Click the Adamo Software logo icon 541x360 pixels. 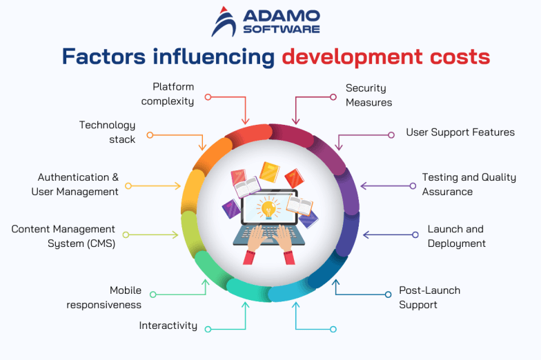click(x=224, y=21)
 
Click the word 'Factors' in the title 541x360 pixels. click(x=101, y=56)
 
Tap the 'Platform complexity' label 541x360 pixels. click(x=168, y=94)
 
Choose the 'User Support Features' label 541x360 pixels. click(x=460, y=132)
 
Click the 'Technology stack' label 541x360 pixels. click(x=108, y=132)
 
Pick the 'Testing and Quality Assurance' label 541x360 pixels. click(x=469, y=184)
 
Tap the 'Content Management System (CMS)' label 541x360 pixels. click(x=63, y=236)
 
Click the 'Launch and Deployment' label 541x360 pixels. click(x=456, y=236)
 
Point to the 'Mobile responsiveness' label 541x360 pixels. click(x=104, y=297)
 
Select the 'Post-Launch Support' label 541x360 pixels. click(x=429, y=297)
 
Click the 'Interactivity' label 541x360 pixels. click(x=168, y=326)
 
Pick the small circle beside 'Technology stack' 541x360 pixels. click(x=150, y=134)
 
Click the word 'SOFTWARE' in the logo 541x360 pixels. click(x=281, y=29)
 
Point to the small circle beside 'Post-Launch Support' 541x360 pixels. click(x=388, y=294)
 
